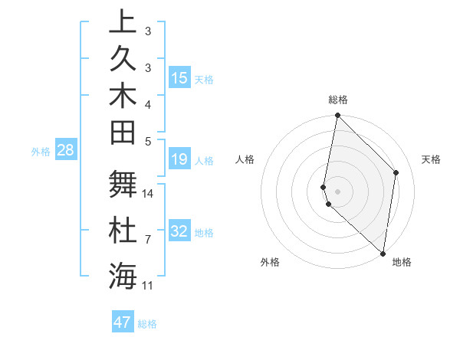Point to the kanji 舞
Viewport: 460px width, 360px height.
123,183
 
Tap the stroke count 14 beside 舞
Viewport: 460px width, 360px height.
148,193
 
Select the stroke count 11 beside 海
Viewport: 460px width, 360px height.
148,286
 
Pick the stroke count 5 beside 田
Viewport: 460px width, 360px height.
148,141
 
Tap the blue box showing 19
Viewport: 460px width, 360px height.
179,160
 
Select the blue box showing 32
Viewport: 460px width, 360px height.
179,231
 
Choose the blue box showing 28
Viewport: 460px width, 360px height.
66,150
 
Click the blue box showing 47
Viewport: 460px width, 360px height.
123,322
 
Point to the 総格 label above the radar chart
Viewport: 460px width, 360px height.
337,100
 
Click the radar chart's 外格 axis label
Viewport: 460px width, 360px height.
270,262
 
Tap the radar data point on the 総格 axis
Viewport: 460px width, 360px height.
337,116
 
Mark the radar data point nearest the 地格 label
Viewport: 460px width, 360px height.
383,254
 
